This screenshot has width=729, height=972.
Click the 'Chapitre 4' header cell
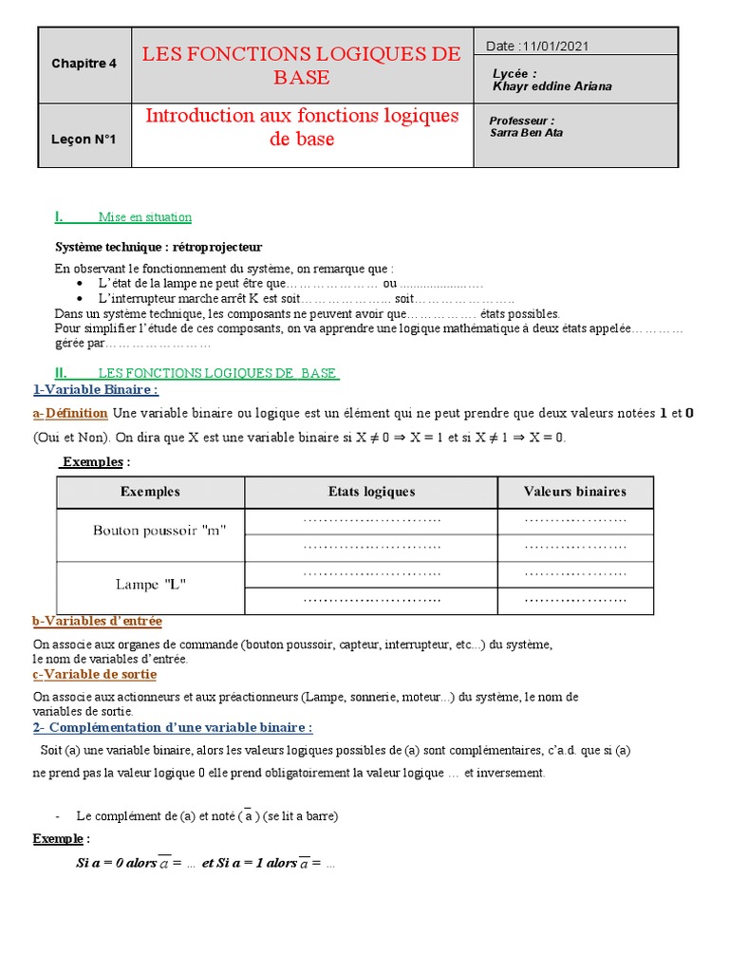(x=84, y=64)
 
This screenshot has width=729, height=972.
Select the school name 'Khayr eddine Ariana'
(x=552, y=86)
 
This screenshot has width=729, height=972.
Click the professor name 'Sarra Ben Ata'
(x=526, y=134)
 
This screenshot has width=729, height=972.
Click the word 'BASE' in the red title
(x=301, y=78)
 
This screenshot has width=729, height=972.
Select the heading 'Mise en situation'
(x=152, y=217)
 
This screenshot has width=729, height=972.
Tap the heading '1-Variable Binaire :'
(x=95, y=389)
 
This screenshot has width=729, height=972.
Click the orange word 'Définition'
(x=76, y=414)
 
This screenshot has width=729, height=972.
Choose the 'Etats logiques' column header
(x=371, y=492)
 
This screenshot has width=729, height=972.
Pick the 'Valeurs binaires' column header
(x=575, y=492)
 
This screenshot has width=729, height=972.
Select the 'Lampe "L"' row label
(x=150, y=584)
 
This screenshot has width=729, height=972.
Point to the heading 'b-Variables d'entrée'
(x=97, y=621)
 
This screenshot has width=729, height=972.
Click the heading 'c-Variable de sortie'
(x=95, y=674)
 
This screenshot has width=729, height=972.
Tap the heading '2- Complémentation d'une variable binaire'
(x=172, y=727)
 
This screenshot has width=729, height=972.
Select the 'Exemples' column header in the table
(x=150, y=492)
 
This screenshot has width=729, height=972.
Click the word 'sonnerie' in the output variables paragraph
(x=351, y=697)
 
